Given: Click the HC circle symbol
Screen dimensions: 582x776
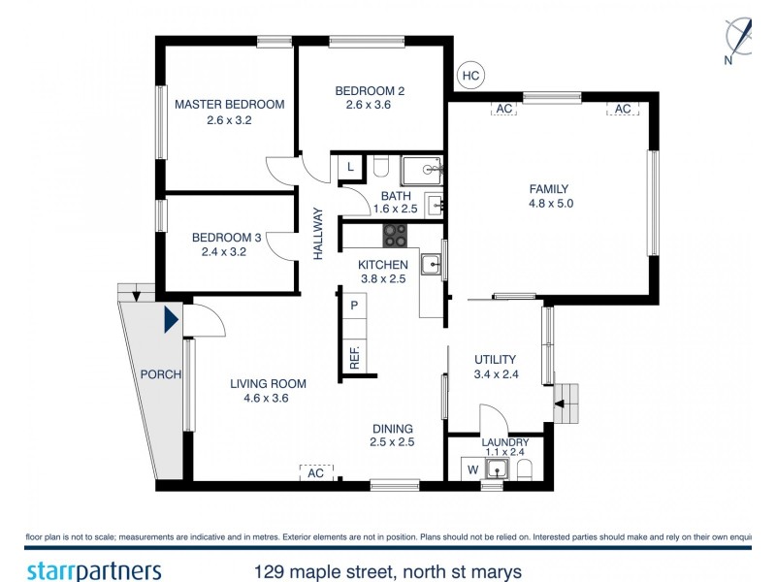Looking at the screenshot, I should [470, 75].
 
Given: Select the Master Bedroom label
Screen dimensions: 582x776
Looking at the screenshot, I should [229, 105].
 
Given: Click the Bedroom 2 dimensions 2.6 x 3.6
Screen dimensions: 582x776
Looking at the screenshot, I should [368, 106].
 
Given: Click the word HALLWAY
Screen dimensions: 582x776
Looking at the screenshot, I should [317, 234].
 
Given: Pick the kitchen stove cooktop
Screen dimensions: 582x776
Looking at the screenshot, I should [396, 235].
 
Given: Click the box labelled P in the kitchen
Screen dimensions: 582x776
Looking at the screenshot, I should [354, 306].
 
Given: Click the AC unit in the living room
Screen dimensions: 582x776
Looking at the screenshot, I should [315, 473].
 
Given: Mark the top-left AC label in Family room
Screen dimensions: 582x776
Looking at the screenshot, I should [503, 110].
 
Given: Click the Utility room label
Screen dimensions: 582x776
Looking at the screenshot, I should [495, 360].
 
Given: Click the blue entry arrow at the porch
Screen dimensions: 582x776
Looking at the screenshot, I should [171, 318].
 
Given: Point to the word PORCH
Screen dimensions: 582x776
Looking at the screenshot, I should [161, 374].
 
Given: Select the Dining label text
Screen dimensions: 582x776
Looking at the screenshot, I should [393, 429].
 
